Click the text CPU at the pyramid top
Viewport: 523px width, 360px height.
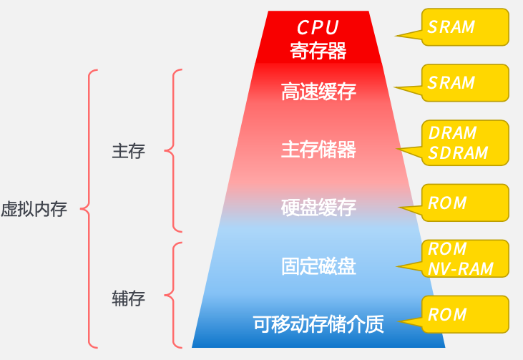pyautogui.click(x=318, y=27)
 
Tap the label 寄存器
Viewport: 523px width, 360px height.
pyautogui.click(x=318, y=51)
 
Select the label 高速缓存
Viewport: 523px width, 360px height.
pyautogui.click(x=318, y=92)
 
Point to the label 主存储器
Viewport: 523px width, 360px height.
pyautogui.click(x=318, y=150)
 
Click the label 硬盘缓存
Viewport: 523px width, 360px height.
pyautogui.click(x=318, y=208)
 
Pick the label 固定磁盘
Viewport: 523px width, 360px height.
pyautogui.click(x=318, y=266)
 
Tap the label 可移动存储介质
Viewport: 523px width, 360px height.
pyautogui.click(x=318, y=324)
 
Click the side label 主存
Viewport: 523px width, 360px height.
pyautogui.click(x=129, y=151)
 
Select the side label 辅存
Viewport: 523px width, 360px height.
pyautogui.click(x=129, y=298)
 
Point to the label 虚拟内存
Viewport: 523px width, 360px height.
pyautogui.click(x=34, y=210)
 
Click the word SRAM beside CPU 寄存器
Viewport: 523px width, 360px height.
pyautogui.click(x=451, y=27)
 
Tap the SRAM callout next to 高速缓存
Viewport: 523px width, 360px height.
pyautogui.click(x=451, y=83)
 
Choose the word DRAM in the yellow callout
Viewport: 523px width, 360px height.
pyautogui.click(x=452, y=133)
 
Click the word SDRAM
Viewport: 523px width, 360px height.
pyautogui.click(x=458, y=152)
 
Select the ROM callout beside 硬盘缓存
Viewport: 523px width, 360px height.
pyautogui.click(x=447, y=203)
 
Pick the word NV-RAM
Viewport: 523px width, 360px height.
pyautogui.click(x=461, y=268)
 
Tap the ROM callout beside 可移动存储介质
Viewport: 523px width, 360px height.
pyautogui.click(x=447, y=315)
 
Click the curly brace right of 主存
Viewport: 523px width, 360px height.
pyautogui.click(x=172, y=151)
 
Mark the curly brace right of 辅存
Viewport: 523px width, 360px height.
pyautogui.click(x=172, y=294)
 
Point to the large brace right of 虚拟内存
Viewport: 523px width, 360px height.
pyautogui.click(x=87, y=209)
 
